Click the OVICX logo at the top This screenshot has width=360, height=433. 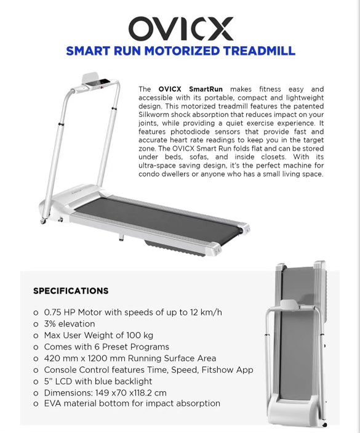point(180,28)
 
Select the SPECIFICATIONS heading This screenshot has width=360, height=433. point(71,291)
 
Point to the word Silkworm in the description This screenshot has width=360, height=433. point(158,115)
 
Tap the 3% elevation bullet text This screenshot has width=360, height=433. point(69,324)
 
